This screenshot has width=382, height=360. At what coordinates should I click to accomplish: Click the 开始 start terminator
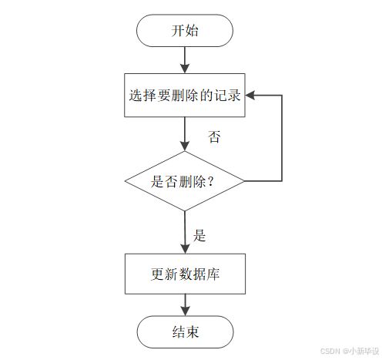[x=185, y=31]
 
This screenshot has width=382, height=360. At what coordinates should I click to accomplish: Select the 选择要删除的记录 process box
[x=185, y=96]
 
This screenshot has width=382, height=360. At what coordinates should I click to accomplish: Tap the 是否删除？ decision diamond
[x=184, y=181]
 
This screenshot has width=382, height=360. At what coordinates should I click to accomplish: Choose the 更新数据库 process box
[x=185, y=274]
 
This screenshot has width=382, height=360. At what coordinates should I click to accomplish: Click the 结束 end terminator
[x=185, y=332]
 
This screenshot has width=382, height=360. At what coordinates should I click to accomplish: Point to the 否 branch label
[x=214, y=136]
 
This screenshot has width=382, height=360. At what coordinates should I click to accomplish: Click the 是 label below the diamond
[x=199, y=235]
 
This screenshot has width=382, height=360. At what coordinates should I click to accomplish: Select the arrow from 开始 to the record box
[x=185, y=60]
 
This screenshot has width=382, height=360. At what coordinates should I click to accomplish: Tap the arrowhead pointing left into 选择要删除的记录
[x=250, y=96]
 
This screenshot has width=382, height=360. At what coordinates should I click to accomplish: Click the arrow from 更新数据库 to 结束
[x=185, y=305]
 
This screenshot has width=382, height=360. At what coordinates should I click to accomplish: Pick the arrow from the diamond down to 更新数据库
[x=185, y=232]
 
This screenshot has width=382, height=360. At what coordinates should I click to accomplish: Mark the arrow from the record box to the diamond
[x=185, y=134]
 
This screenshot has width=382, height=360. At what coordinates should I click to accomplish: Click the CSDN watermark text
[x=330, y=351]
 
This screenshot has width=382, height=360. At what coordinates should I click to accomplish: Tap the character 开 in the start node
[x=178, y=31]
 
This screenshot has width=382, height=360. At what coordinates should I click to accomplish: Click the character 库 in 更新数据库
[x=213, y=274]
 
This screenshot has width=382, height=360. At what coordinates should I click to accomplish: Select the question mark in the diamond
[x=210, y=182]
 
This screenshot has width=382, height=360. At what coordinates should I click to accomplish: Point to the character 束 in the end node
[x=193, y=332]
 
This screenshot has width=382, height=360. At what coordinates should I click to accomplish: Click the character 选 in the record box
[x=136, y=96]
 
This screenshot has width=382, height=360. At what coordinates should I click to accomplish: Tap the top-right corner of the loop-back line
[x=282, y=96]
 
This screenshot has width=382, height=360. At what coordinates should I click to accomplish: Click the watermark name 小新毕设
[x=364, y=351]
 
